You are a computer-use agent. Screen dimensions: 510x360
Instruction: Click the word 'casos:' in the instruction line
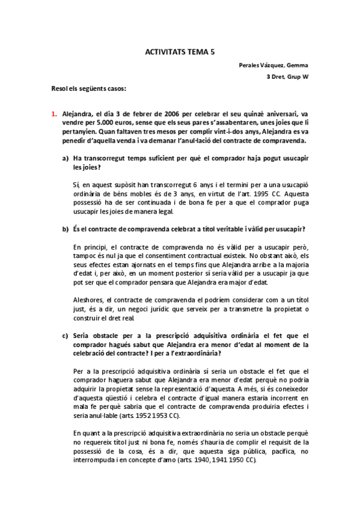pos(114,89)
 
